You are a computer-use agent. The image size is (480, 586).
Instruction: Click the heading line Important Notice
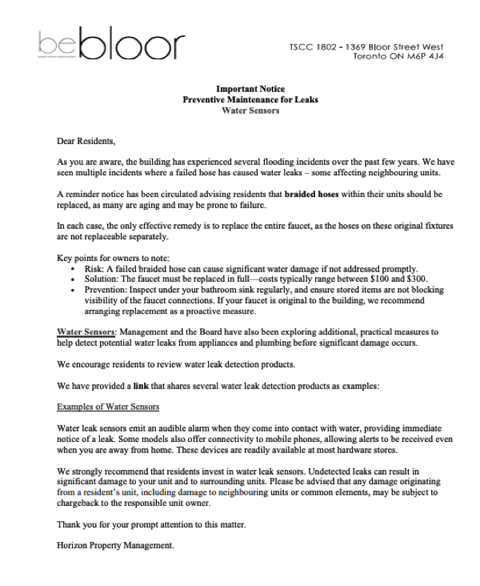pyautogui.click(x=250, y=89)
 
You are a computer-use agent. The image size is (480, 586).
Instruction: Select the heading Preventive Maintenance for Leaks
pyautogui.click(x=250, y=100)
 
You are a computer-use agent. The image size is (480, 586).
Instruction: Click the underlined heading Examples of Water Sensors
pyautogui.click(x=108, y=407)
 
